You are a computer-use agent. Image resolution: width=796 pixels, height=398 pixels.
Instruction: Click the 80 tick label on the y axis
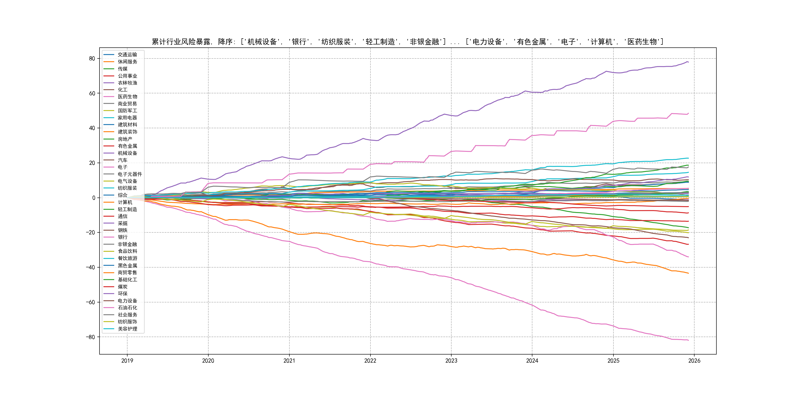pyautogui.click(x=92, y=59)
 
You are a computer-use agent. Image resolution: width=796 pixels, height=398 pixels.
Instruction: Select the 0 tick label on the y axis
pyautogui.click(x=94, y=198)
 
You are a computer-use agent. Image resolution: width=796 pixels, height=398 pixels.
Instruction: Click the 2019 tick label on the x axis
pyautogui.click(x=127, y=361)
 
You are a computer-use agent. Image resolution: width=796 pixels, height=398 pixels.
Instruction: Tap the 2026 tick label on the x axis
pyautogui.click(x=694, y=361)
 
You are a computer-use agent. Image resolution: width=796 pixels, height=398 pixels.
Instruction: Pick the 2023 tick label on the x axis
pyautogui.click(x=451, y=361)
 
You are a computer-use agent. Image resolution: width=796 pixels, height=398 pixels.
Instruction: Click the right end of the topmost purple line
pyautogui.click(x=688, y=62)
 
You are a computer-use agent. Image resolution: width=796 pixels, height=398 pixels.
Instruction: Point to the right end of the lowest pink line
pyautogui.click(x=688, y=340)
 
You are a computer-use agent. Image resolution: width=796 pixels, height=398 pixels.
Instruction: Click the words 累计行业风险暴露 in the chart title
pyautogui.click(x=181, y=42)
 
